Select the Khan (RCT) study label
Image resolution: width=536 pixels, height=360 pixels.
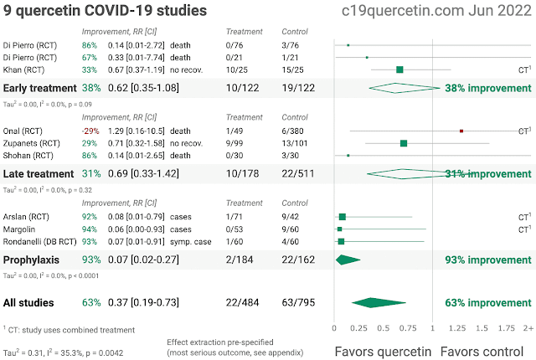point(28,69)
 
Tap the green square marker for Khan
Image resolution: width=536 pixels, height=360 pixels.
point(399,69)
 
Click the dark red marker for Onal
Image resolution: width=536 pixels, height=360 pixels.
point(461,131)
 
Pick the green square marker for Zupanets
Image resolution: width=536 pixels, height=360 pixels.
point(404,143)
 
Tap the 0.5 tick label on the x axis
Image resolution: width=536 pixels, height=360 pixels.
point(384,329)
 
